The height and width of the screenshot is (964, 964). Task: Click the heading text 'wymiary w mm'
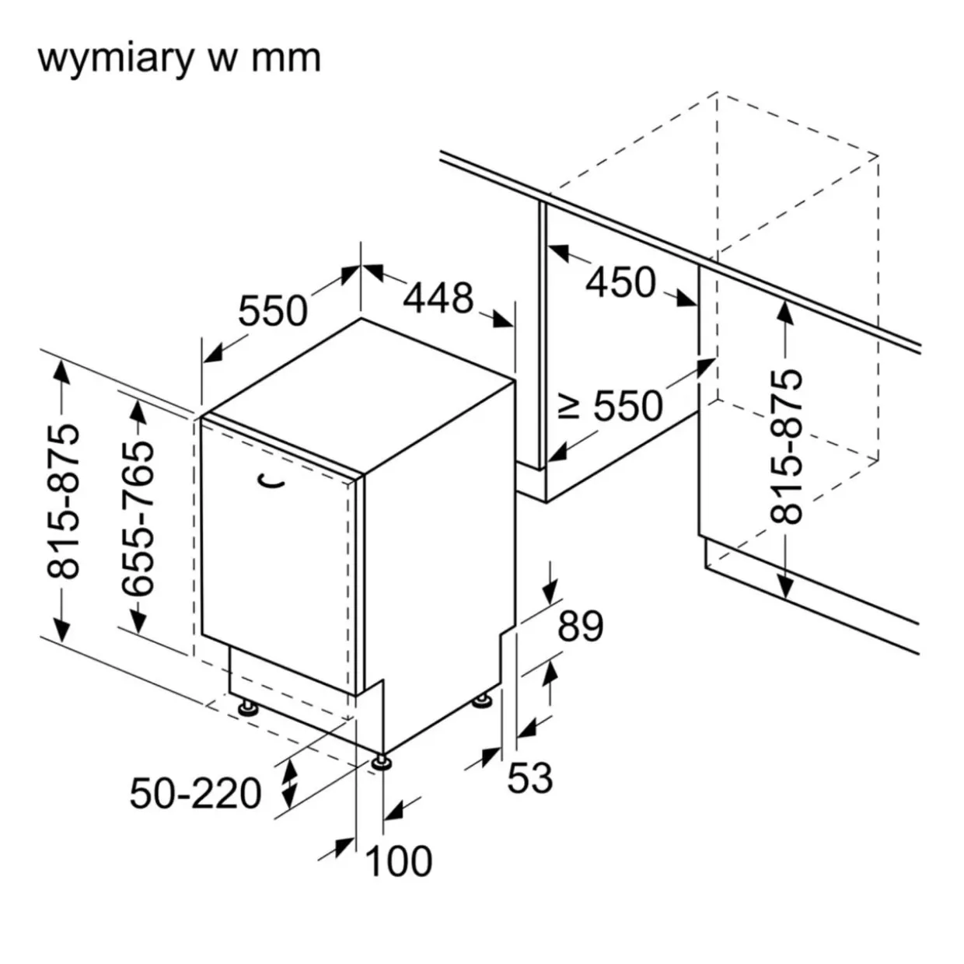179,59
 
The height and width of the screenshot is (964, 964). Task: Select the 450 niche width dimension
620,281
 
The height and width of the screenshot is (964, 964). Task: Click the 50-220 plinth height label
196,794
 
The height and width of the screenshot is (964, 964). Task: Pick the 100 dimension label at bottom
398,861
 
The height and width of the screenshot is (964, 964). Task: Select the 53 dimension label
529,777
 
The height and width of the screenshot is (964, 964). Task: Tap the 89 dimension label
580,627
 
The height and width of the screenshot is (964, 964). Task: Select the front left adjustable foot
248,707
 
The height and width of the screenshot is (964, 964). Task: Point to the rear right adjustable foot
482,700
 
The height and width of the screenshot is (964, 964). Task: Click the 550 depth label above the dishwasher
272,311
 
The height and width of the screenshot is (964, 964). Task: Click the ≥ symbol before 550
570,405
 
